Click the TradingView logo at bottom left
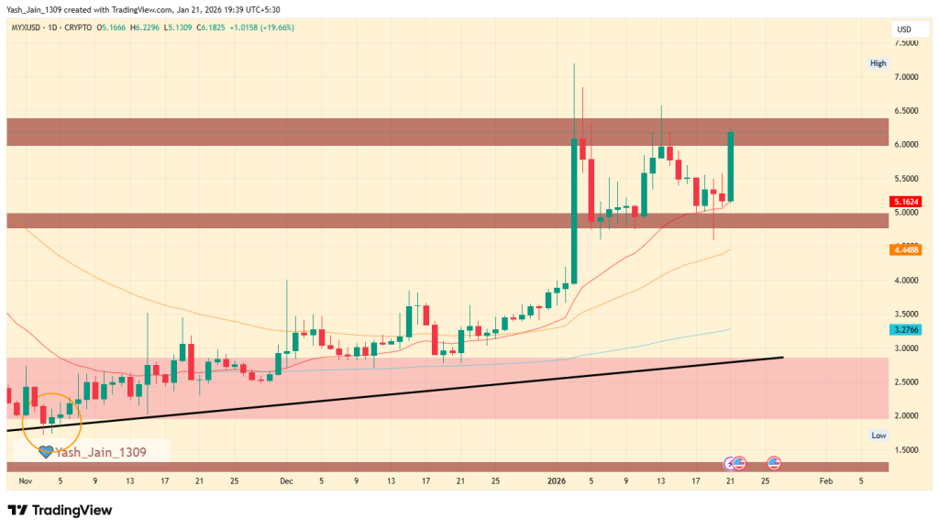[60, 510]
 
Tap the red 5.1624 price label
[906, 201]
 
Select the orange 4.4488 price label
[906, 249]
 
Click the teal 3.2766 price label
[906, 328]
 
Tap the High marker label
[878, 63]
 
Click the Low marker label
[878, 436]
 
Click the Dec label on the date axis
[287, 480]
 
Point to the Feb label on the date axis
[826, 480]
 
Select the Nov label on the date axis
[25, 480]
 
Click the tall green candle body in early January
[574, 211]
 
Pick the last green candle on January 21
[731, 166]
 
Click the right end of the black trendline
[782, 357]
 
